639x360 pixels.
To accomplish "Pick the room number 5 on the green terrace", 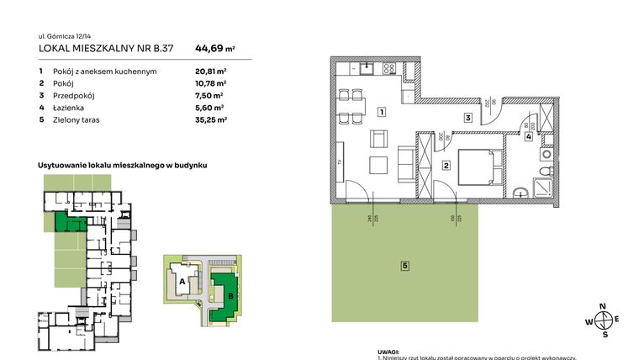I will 404,266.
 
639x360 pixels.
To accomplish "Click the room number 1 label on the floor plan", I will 382,112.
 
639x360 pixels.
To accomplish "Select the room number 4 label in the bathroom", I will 529,136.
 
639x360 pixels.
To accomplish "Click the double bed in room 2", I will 481,165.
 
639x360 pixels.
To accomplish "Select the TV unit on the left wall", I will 341,161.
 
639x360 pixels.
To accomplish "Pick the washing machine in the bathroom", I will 547,155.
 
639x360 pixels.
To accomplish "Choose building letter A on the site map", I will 182,282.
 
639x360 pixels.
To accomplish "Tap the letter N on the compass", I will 601,306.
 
